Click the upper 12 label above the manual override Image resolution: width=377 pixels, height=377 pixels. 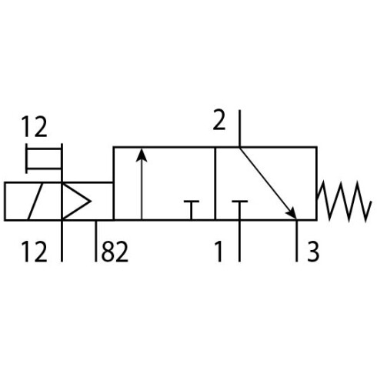click(34, 126)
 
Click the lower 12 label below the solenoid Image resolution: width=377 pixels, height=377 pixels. click(34, 252)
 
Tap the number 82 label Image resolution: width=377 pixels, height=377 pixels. click(115, 252)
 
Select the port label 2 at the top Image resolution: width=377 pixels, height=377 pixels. click(219, 120)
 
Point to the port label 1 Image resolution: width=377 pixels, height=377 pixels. click(219, 252)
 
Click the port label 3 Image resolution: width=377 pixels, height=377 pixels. click(313, 252)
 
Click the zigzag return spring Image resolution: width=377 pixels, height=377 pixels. click(344, 202)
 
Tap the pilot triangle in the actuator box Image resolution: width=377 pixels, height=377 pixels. click(76, 202)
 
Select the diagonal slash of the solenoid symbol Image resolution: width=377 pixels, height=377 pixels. click(35, 202)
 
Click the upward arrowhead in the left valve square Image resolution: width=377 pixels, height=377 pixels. click(142, 155)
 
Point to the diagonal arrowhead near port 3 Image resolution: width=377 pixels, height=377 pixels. click(292, 213)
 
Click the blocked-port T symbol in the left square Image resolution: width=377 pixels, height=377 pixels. click(192, 210)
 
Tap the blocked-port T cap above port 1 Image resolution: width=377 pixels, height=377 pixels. click(239, 202)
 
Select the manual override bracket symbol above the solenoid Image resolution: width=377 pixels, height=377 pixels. click(44, 158)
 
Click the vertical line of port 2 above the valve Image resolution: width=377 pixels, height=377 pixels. click(239, 128)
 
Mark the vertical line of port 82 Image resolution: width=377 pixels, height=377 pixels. click(96, 241)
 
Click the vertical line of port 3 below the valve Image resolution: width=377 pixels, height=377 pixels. click(297, 241)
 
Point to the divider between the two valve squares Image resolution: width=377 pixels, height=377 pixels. click(215, 184)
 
